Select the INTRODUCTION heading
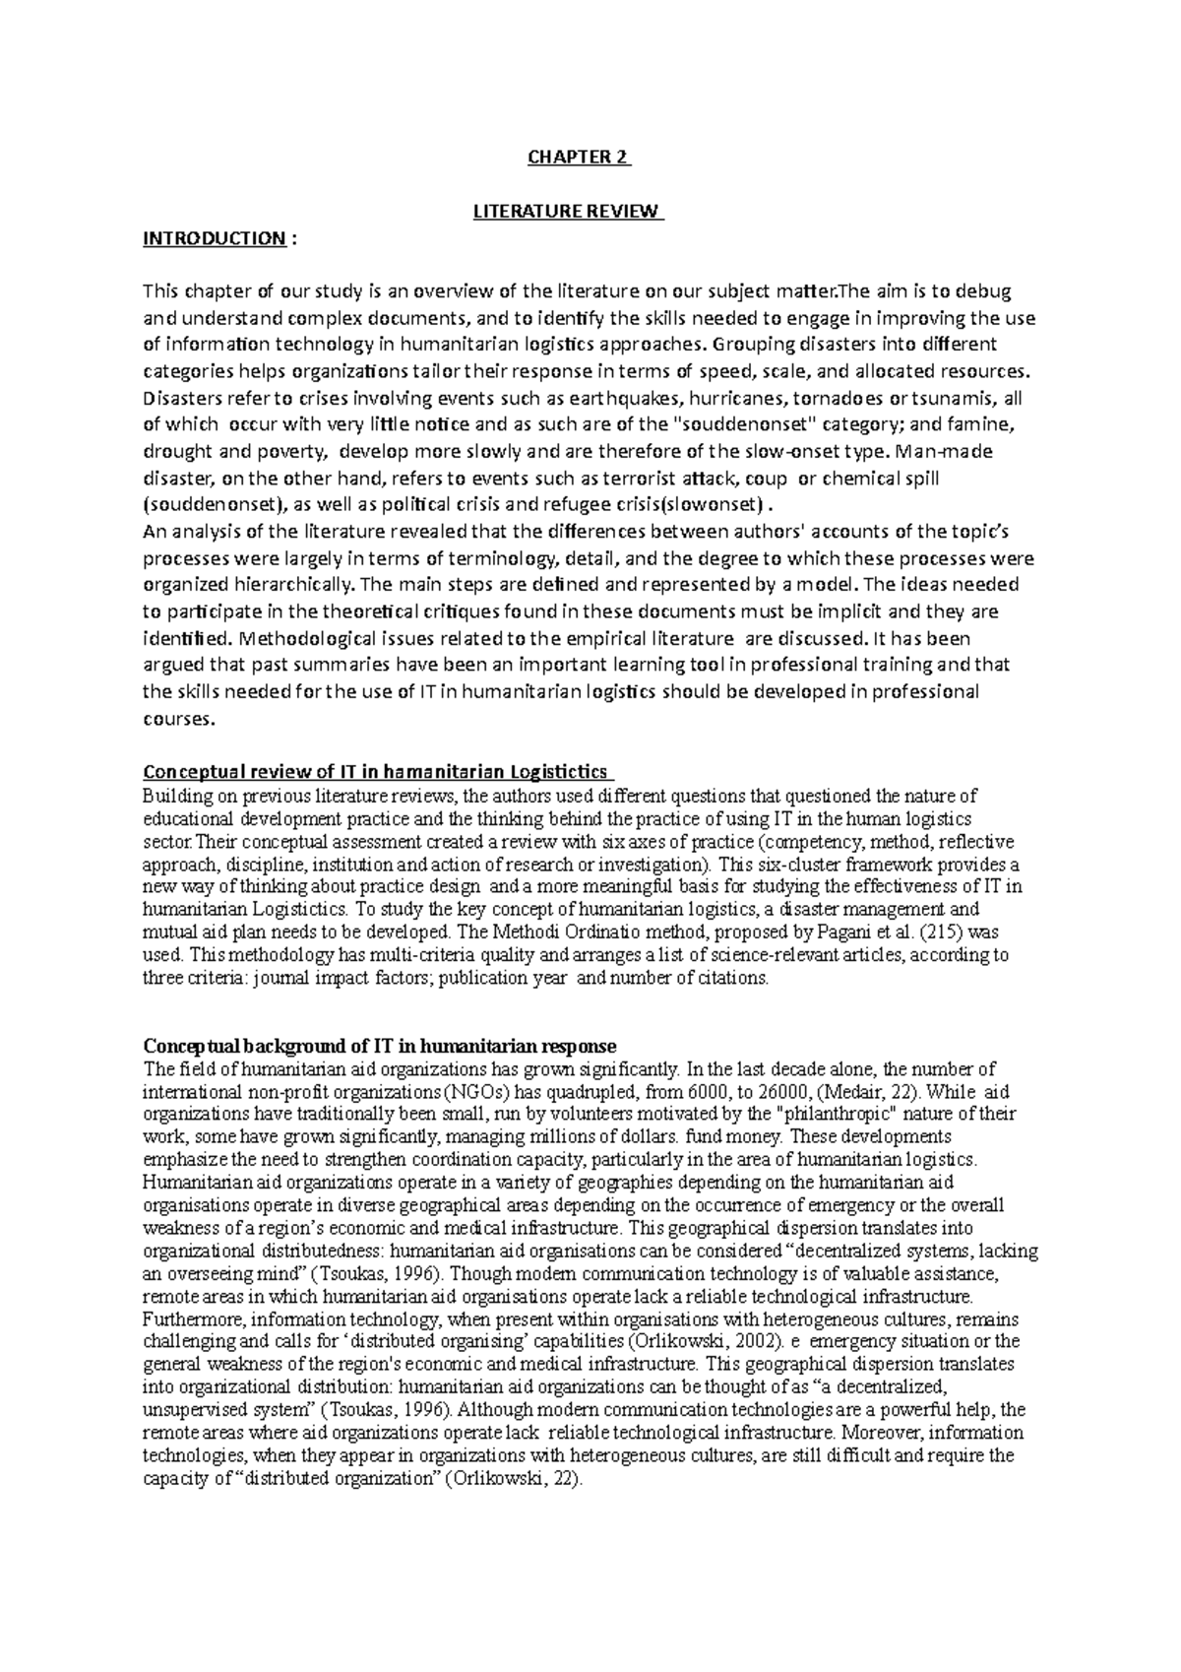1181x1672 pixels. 213,238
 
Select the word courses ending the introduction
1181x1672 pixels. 176,718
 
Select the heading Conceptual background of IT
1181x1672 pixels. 380,1046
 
